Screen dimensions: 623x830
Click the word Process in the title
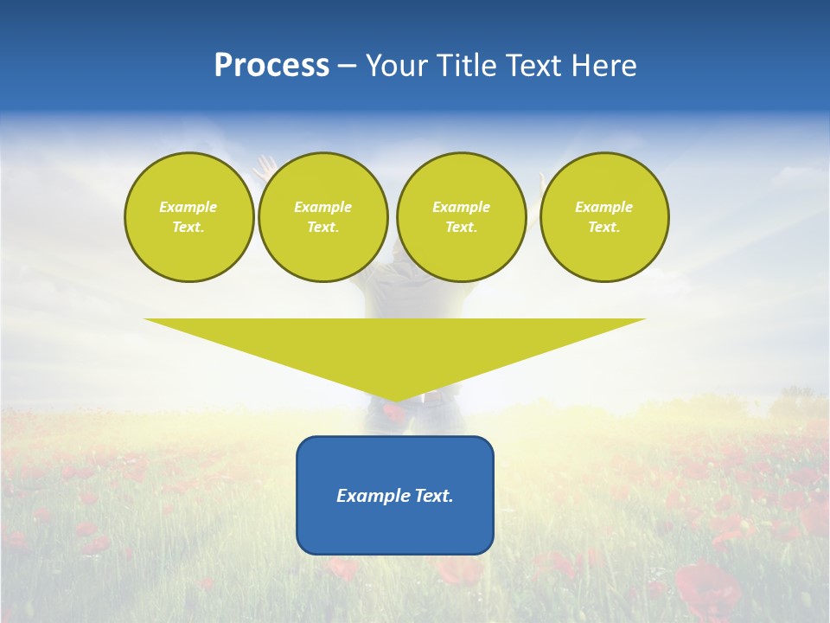click(x=271, y=66)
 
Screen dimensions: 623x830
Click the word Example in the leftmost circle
click(x=188, y=207)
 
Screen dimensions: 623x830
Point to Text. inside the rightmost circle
click(x=604, y=227)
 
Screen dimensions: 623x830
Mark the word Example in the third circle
click(x=461, y=207)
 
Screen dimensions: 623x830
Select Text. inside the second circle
click(x=322, y=227)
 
